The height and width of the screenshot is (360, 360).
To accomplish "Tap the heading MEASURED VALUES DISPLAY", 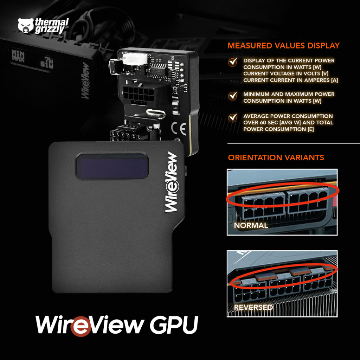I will (283, 46).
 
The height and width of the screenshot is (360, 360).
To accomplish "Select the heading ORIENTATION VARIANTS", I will (276, 157).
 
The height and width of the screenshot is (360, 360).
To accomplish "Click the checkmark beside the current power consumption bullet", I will (232, 63).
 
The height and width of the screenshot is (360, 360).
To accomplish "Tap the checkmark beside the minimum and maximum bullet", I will (232, 95).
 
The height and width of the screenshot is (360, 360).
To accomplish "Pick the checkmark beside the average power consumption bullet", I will (232, 117).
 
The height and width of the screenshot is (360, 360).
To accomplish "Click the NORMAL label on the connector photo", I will (251, 225).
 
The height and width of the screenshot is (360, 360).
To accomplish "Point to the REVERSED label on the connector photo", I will (253, 307).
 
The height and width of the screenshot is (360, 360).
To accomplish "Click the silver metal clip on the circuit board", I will (155, 113).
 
